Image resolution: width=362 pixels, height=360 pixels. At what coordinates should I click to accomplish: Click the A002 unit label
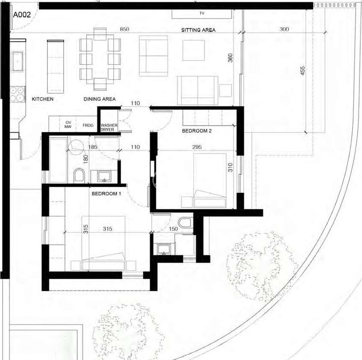tap(22, 15)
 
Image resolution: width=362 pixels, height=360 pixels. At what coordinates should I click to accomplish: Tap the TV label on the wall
tap(202, 13)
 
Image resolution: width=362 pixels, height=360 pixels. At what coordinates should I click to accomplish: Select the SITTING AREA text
tap(198, 30)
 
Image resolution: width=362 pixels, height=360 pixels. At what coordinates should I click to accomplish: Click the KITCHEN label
tap(43, 99)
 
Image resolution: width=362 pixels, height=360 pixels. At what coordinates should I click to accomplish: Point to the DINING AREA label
tap(100, 99)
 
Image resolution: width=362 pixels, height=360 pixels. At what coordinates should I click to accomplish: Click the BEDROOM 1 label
tap(106, 194)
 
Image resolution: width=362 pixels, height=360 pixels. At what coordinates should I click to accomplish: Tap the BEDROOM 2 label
tap(197, 131)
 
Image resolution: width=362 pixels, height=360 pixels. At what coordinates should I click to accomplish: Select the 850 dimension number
tap(124, 29)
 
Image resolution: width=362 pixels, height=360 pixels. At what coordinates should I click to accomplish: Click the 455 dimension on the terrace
tap(302, 70)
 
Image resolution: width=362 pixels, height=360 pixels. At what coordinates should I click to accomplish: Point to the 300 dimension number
tap(284, 29)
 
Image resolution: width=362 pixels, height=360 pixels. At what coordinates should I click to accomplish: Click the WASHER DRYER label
tap(109, 128)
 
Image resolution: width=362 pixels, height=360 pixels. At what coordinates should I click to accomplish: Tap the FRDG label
tap(88, 125)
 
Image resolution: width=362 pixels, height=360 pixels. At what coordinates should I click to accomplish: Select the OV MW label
tap(68, 125)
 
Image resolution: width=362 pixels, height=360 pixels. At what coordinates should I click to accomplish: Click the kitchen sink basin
tap(17, 61)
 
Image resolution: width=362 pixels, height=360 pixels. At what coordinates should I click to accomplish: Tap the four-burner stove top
tap(17, 94)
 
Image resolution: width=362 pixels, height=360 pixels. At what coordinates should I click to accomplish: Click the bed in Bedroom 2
tap(210, 180)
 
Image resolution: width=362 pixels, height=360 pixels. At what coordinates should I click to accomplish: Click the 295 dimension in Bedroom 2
tap(197, 147)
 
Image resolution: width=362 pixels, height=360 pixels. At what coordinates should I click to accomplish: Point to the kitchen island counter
tap(55, 67)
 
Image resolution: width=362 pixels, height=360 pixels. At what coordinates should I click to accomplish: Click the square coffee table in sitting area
tap(193, 50)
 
